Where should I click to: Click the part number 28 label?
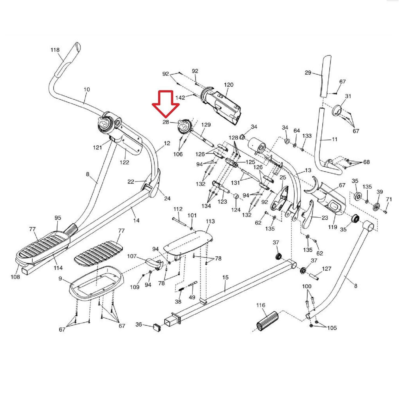(166, 122)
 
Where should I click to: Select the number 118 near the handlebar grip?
(55, 50)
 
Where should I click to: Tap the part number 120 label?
(229, 85)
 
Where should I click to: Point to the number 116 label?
(261, 305)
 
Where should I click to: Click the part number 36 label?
(139, 324)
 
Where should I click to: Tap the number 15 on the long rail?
(225, 277)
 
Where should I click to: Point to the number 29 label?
(308, 72)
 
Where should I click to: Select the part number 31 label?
(348, 96)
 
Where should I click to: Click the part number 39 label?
(379, 192)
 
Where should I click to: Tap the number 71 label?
(389, 199)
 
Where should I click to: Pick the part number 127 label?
(327, 269)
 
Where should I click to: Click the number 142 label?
(180, 97)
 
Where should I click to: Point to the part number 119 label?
(333, 227)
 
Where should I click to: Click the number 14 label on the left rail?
(137, 220)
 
